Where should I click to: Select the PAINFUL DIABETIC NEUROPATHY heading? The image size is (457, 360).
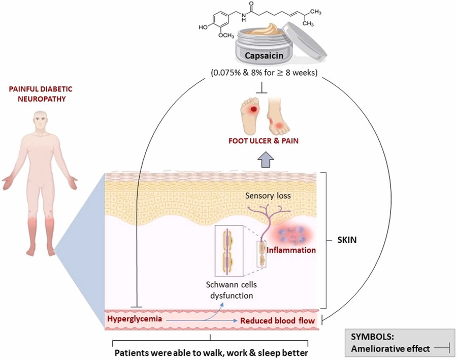[x=39, y=93]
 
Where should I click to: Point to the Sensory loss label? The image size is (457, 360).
[x=264, y=195]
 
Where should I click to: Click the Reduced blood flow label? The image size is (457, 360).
[x=277, y=321]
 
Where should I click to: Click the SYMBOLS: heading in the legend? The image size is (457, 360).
[x=371, y=337]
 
